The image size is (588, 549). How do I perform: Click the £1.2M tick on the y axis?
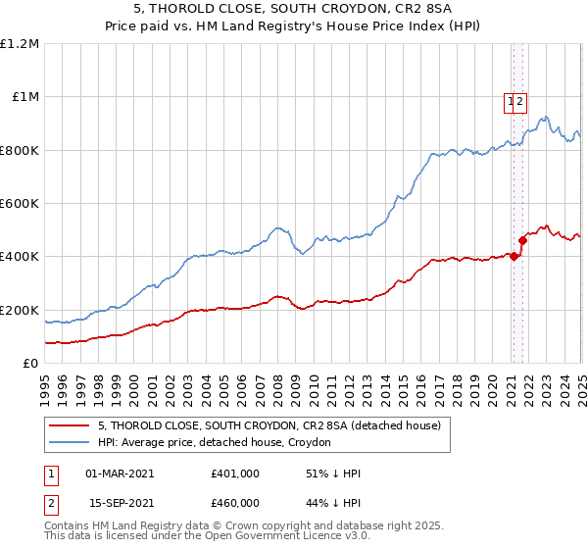20,44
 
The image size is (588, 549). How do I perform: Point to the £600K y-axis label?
20,204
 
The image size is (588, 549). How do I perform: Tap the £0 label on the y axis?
31,364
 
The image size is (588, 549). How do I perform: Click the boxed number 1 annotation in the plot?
511,99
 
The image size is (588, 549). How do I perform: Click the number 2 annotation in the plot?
521,99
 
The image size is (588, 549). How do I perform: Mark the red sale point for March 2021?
513,257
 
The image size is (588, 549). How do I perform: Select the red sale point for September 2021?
522,241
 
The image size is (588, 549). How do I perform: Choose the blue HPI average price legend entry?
215,443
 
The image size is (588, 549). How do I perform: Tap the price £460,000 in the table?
234,503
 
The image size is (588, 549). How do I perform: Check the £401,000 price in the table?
234,474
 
